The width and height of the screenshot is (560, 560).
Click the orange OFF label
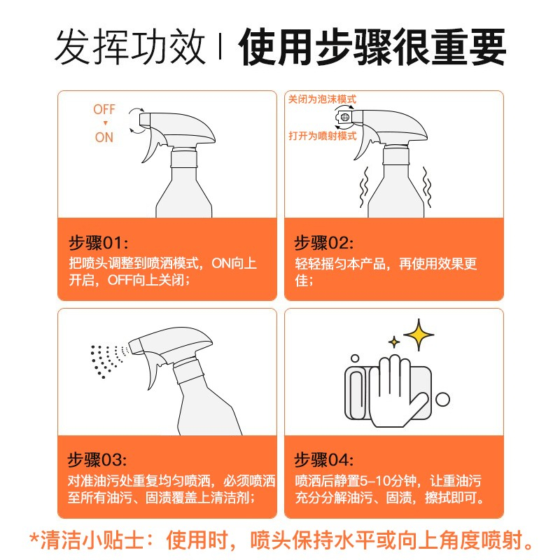tap(104, 109)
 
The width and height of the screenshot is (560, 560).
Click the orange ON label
tap(104, 137)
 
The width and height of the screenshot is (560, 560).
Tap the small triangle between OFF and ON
tap(106, 123)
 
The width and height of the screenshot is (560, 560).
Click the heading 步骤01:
tap(98, 243)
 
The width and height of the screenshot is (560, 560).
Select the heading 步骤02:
tap(323, 243)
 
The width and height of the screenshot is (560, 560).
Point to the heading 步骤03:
tap(97, 460)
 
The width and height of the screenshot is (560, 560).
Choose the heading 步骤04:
tap(323, 460)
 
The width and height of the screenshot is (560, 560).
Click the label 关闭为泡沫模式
tap(322, 99)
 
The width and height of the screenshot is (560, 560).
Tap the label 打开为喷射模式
tap(323, 136)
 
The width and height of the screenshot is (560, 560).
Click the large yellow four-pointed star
tap(419, 335)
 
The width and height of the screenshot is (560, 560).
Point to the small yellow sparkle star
tap(394, 342)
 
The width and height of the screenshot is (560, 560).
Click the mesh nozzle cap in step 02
tap(344, 117)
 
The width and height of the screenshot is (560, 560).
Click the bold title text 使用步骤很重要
tap(372, 47)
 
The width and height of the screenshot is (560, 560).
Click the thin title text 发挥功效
tap(130, 47)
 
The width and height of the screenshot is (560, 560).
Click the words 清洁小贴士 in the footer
tap(92, 540)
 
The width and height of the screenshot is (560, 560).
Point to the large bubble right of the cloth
tap(443, 399)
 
